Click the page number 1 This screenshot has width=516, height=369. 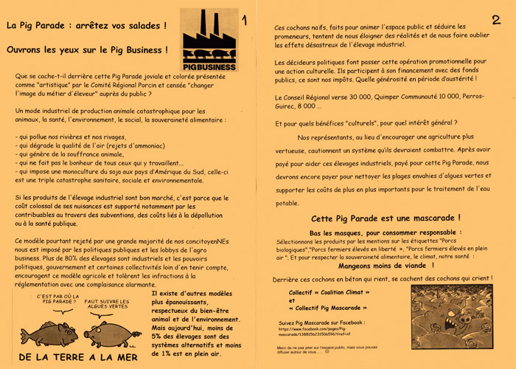(245, 21)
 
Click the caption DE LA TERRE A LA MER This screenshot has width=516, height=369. (77, 357)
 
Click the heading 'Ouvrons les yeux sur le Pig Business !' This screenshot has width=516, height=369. (87, 50)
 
